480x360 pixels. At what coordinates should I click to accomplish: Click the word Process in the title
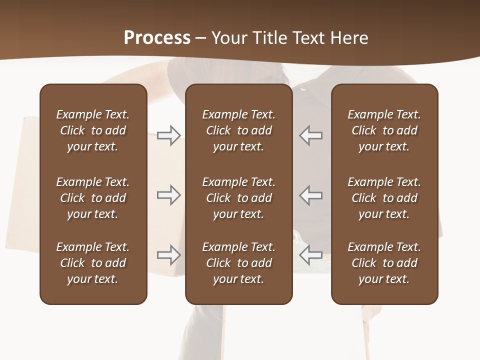pyautogui.click(x=157, y=38)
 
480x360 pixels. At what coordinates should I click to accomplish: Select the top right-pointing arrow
pyautogui.click(x=168, y=135)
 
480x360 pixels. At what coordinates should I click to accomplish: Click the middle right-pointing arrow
pyautogui.click(x=168, y=195)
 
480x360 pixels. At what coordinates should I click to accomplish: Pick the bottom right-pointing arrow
pyautogui.click(x=168, y=255)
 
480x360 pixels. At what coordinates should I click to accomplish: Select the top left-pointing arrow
pyautogui.click(x=311, y=135)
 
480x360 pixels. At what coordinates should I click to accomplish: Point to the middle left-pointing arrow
pyautogui.click(x=311, y=195)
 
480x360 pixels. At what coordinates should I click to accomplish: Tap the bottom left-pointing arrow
pyautogui.click(x=311, y=255)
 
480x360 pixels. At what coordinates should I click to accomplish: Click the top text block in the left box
pyautogui.click(x=93, y=130)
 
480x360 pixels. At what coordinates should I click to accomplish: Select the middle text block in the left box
pyautogui.click(x=93, y=198)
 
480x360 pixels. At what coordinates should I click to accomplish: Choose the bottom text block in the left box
pyautogui.click(x=93, y=263)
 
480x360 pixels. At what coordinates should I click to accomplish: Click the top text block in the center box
pyautogui.click(x=238, y=130)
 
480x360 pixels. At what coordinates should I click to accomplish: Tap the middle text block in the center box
pyautogui.click(x=238, y=198)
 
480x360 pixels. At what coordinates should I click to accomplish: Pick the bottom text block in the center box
pyautogui.click(x=238, y=263)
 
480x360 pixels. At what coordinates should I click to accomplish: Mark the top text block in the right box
pyautogui.click(x=384, y=130)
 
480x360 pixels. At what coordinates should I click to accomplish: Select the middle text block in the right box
pyautogui.click(x=384, y=198)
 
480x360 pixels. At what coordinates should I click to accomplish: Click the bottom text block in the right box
pyautogui.click(x=384, y=263)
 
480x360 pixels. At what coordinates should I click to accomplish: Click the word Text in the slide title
pyautogui.click(x=307, y=38)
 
